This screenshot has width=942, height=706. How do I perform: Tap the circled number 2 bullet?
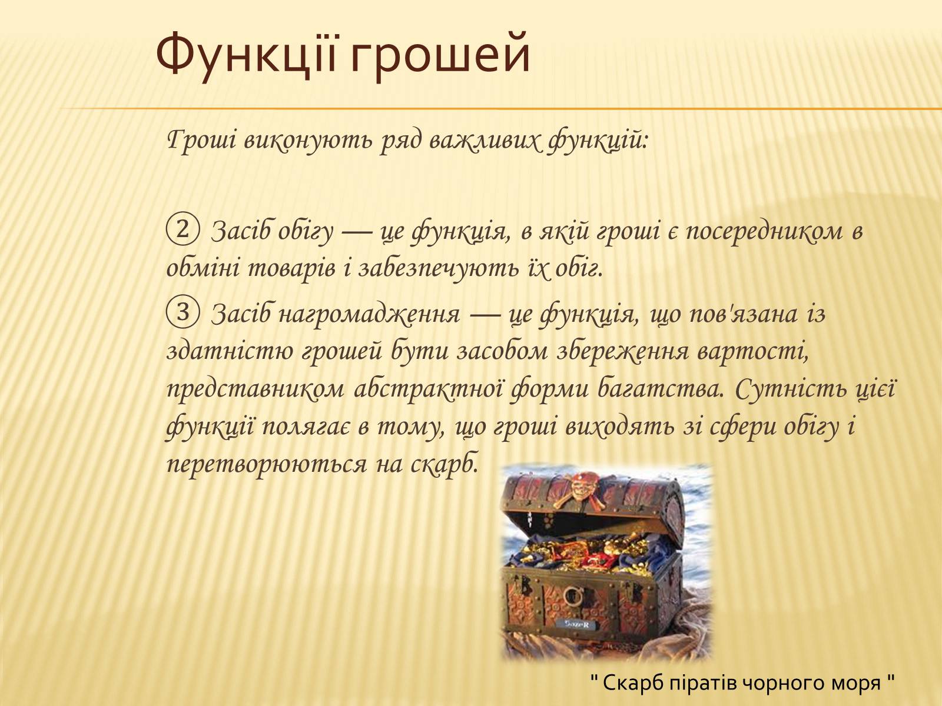click(183, 230)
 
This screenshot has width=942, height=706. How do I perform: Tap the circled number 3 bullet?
click(183, 312)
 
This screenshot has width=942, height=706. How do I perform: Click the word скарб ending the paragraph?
click(444, 464)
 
